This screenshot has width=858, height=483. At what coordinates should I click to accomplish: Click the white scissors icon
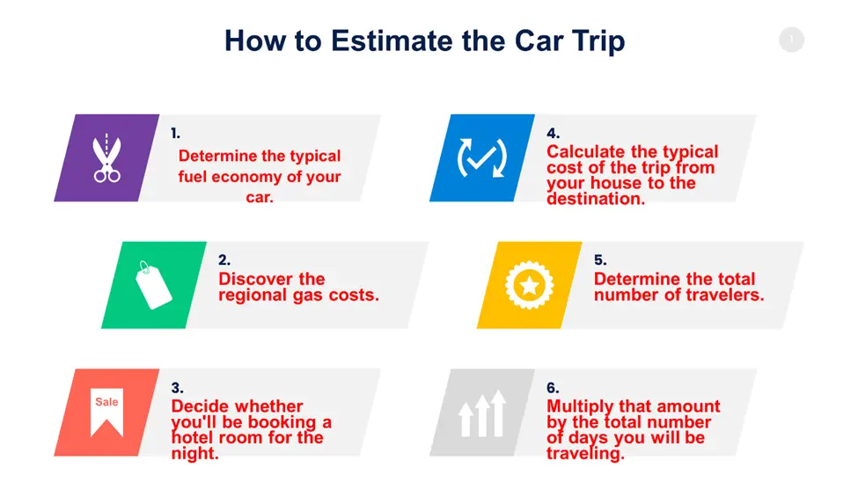(106, 158)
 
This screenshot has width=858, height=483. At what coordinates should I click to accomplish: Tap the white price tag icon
(153, 285)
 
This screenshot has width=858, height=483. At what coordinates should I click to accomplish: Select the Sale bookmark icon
(106, 413)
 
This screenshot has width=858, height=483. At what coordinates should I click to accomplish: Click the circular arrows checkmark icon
(482, 158)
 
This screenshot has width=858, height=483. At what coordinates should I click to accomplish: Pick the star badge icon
(529, 286)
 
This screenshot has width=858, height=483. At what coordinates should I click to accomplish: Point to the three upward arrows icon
(482, 413)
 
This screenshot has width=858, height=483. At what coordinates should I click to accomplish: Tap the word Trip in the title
(598, 42)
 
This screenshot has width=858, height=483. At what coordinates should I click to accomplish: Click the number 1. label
(175, 133)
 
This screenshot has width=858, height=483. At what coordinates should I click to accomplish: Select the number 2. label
(224, 260)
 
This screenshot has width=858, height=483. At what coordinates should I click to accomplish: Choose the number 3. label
(177, 388)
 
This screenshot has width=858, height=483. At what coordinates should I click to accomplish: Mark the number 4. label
(554, 133)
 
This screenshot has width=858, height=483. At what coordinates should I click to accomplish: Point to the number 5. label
(600, 260)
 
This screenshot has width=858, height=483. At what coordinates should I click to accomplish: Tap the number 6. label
(553, 388)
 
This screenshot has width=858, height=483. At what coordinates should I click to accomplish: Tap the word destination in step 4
(596, 199)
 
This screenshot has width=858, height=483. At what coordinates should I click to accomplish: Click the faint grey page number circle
(791, 40)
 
